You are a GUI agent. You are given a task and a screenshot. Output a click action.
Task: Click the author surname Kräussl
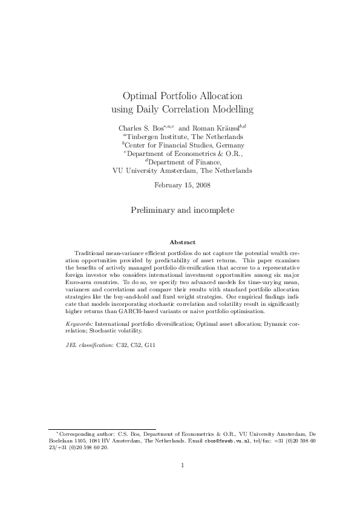click(224, 128)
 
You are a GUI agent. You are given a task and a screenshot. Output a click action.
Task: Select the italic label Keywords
click(79, 325)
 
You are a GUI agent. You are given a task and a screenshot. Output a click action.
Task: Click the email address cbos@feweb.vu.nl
click(225, 441)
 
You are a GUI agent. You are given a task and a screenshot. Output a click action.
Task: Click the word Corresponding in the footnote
click(74, 434)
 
